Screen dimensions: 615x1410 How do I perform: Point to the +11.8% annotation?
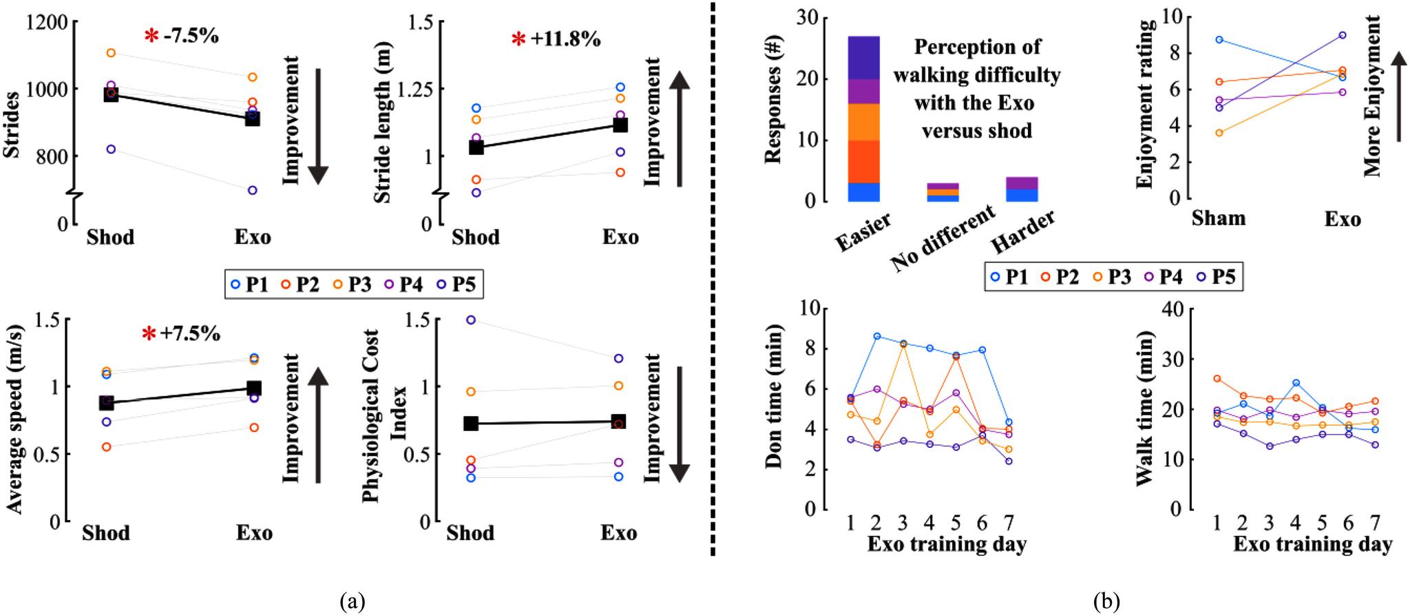pos(565,39)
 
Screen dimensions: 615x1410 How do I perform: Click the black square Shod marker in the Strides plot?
pos(111,94)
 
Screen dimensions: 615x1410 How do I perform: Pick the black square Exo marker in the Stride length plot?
pos(620,125)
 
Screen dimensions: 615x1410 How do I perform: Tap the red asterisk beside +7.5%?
pos(149,335)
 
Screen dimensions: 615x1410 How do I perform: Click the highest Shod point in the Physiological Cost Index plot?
pos(471,320)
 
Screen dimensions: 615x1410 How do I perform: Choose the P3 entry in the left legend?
pos(352,284)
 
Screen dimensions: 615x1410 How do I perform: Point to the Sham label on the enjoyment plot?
pos(1219,219)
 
